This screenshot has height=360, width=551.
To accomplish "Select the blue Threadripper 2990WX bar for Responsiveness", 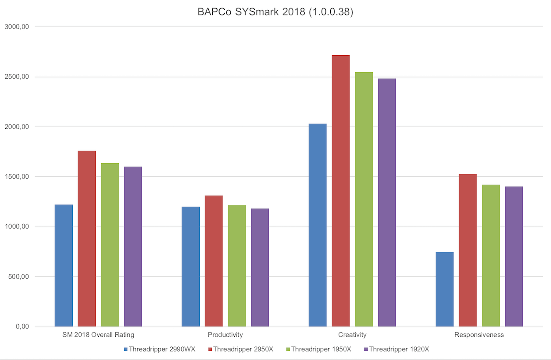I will [445, 289].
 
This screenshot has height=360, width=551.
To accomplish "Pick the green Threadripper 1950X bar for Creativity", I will [364, 199].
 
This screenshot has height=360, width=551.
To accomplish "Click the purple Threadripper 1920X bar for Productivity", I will [260, 268].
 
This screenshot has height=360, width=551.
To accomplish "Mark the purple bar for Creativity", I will [387, 202].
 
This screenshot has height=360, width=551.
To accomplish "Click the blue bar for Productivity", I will [191, 267].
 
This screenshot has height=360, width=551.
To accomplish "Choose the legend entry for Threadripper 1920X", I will [399, 349].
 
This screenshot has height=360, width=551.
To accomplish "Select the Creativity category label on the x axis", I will [352, 335].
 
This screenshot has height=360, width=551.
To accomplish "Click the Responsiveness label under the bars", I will [479, 335].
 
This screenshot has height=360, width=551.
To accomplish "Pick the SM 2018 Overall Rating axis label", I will [98, 335].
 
